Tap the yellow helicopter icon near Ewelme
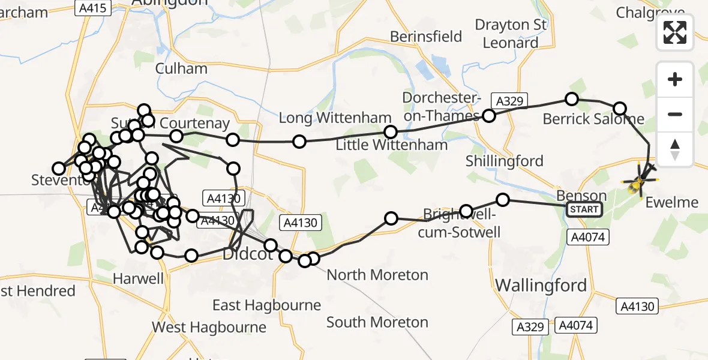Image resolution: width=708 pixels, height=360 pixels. pyautogui.click(x=640, y=180)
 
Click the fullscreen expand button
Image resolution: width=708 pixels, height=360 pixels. pyautogui.click(x=675, y=32)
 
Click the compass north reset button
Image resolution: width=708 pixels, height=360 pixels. pyautogui.click(x=675, y=149)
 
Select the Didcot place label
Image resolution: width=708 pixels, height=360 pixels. pyautogui.click(x=248, y=254)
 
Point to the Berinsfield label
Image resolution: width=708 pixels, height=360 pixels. pyautogui.click(x=426, y=37)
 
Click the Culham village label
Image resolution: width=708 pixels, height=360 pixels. pyautogui.click(x=181, y=68)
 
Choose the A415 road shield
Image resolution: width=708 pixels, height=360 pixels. pyautogui.click(x=92, y=8)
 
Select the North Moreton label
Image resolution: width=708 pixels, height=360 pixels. pyautogui.click(x=377, y=275)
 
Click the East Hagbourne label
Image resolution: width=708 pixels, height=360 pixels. pyautogui.click(x=266, y=305)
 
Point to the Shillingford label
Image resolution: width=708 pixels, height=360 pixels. pyautogui.click(x=505, y=161)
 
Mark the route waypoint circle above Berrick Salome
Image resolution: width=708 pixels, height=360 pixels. pyautogui.click(x=572, y=99)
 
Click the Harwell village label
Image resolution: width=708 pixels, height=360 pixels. pyautogui.click(x=138, y=279)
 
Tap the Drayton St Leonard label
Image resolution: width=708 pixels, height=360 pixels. pyautogui.click(x=511, y=34)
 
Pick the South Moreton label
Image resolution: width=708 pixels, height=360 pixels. pyautogui.click(x=377, y=322)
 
